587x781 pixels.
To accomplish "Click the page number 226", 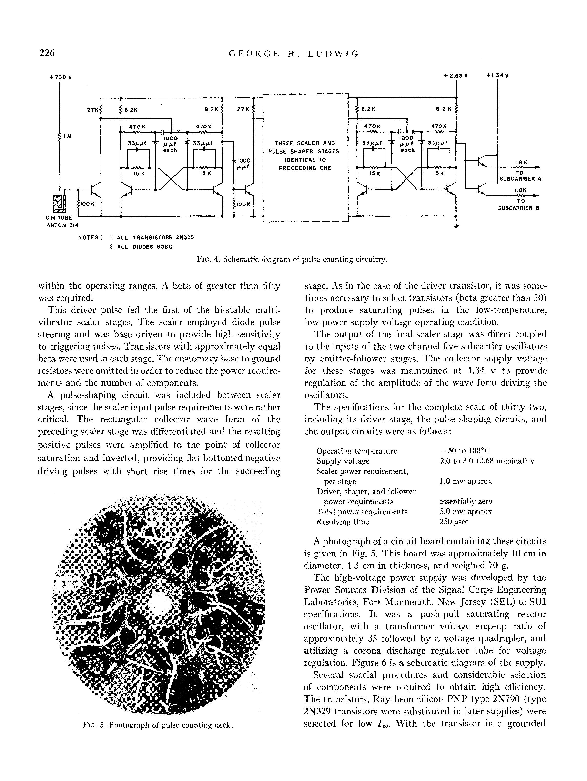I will click(x=47, y=53).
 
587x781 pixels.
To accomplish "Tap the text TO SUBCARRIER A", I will click(x=519, y=176).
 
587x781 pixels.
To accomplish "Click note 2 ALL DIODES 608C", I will click(x=141, y=247).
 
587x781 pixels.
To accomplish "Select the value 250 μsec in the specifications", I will click(x=454, y=521).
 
